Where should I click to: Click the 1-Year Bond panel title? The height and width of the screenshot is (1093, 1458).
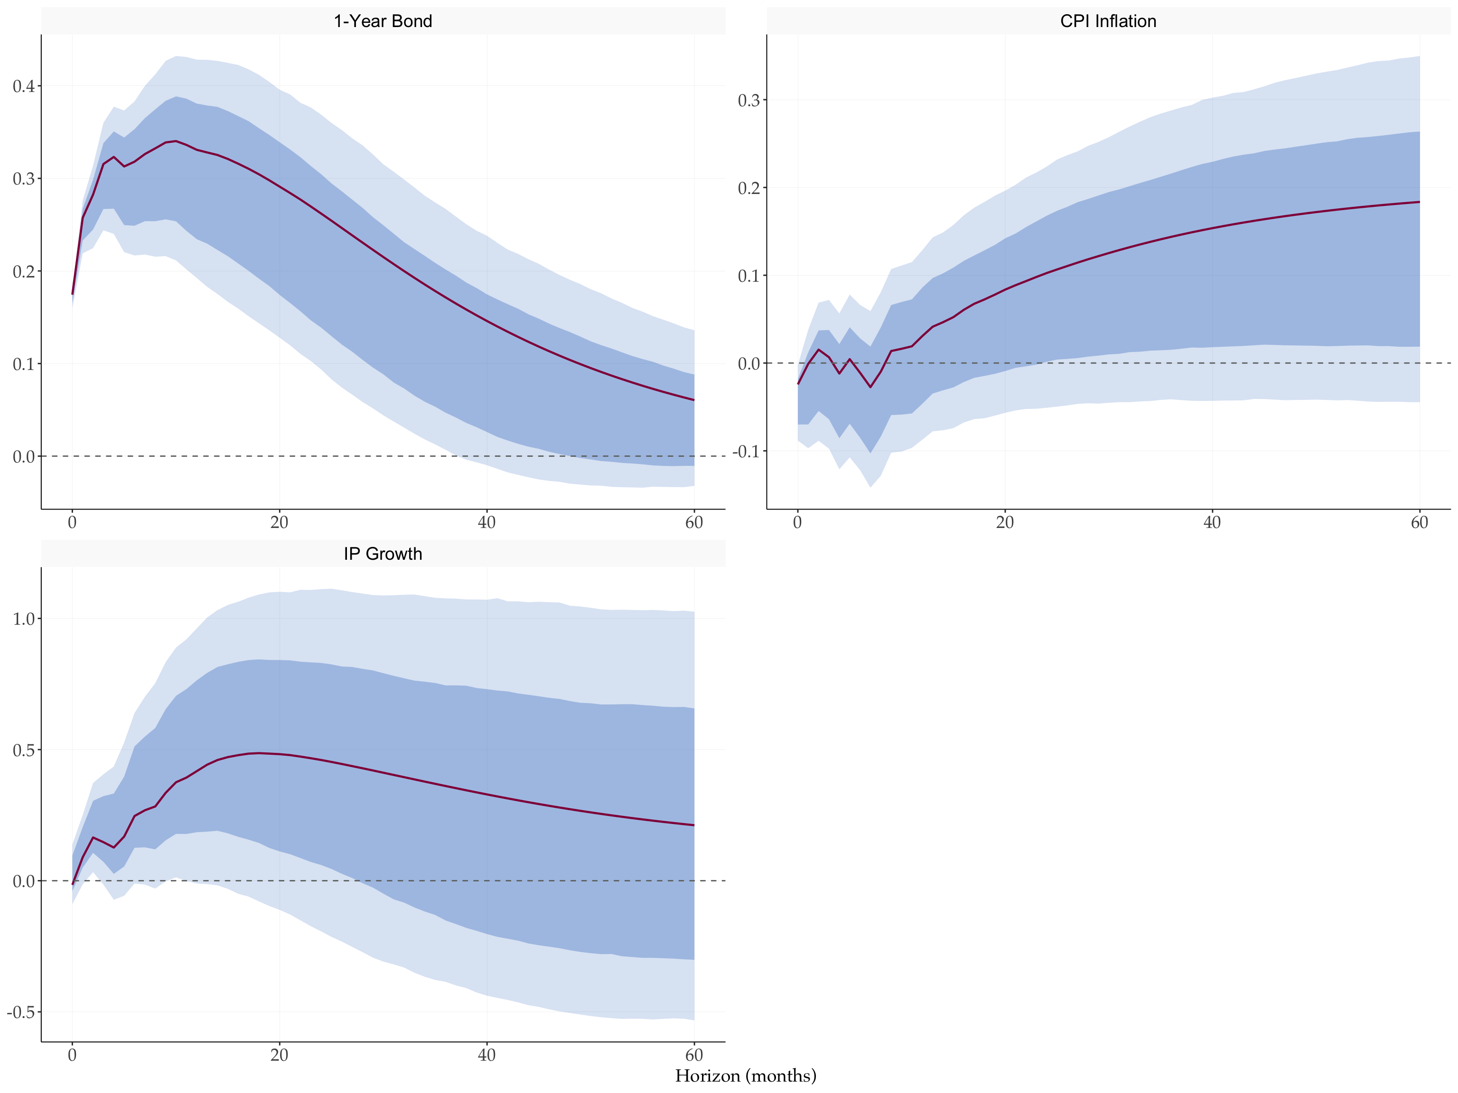[x=383, y=21]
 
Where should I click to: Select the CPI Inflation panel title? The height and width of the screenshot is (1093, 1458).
[x=1108, y=21]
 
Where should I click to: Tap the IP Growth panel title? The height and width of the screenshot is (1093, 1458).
[x=383, y=554]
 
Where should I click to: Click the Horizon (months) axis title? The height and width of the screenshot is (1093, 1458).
[x=746, y=1075]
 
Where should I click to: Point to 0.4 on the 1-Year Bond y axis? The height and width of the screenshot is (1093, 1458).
[x=24, y=86]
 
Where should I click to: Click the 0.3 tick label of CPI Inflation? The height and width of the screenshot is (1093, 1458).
[x=749, y=100]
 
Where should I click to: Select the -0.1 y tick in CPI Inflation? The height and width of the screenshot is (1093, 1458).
[x=746, y=451]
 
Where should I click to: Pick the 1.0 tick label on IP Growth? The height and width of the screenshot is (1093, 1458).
[x=24, y=619]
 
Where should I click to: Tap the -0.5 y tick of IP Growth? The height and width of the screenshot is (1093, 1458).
[x=21, y=1012]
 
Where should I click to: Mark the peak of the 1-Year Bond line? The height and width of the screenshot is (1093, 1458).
[x=175, y=141]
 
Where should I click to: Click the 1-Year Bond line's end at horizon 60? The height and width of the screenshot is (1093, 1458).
[x=694, y=400]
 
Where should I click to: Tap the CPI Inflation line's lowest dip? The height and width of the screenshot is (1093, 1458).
[x=871, y=387]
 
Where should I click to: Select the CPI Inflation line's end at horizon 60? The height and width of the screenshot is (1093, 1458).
[x=1419, y=202]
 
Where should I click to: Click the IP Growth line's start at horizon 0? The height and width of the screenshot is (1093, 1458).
[x=73, y=883]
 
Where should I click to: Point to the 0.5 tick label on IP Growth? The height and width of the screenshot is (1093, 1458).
[x=24, y=750]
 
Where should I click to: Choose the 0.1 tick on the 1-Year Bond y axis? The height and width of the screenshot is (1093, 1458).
[x=24, y=364]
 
